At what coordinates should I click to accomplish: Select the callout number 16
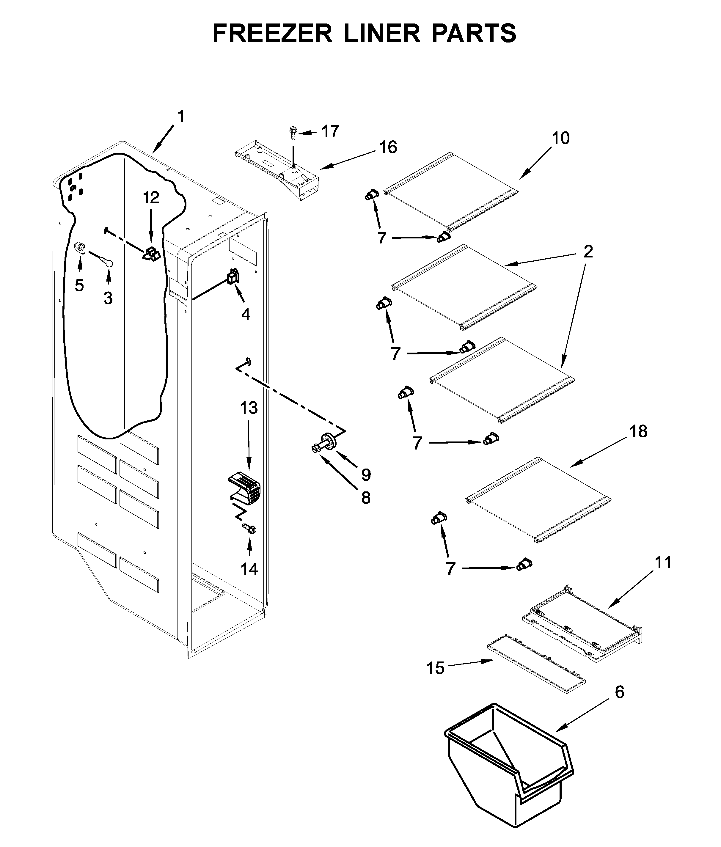(x=388, y=147)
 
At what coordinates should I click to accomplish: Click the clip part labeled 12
(x=151, y=255)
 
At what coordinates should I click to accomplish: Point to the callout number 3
(x=108, y=298)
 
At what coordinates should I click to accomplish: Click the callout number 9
(x=366, y=474)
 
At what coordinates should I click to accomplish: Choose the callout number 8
(x=365, y=498)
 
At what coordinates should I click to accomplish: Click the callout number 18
(x=638, y=431)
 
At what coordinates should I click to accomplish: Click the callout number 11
(x=663, y=562)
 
